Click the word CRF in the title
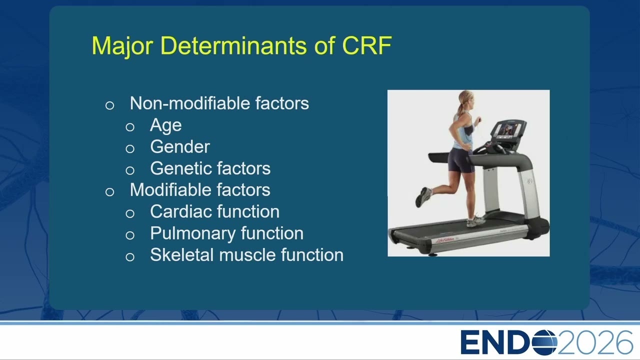367,45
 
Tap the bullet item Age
165,125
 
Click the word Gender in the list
180,146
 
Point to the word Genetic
183,168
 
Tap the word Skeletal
182,254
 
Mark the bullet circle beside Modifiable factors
109,191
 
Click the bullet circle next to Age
130,127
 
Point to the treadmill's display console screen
509,130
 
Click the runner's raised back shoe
423,197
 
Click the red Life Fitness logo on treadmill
447,240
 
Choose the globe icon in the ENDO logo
545,342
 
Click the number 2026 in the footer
595,342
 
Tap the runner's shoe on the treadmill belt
475,221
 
